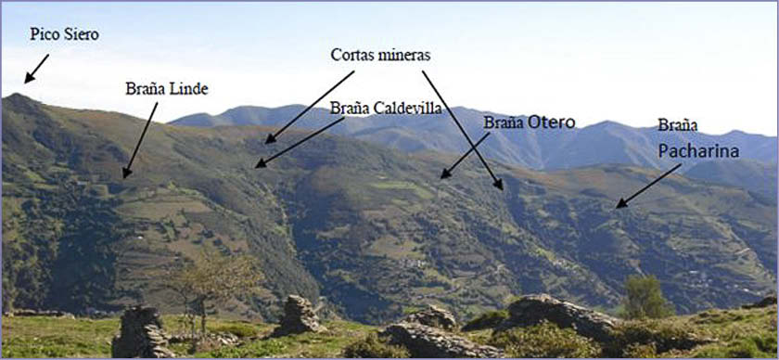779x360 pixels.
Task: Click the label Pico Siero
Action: (x=64, y=34)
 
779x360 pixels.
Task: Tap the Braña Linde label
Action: (x=167, y=89)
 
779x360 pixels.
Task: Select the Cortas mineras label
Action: (x=380, y=55)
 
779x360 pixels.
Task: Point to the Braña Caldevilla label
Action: (x=386, y=108)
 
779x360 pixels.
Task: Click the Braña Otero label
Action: (x=530, y=122)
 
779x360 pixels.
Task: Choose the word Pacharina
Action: (x=699, y=149)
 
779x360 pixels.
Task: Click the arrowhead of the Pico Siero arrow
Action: (x=28, y=80)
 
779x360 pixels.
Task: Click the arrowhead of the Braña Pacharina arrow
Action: (x=619, y=205)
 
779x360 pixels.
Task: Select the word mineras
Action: (x=403, y=55)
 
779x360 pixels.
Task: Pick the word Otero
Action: (x=553, y=122)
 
